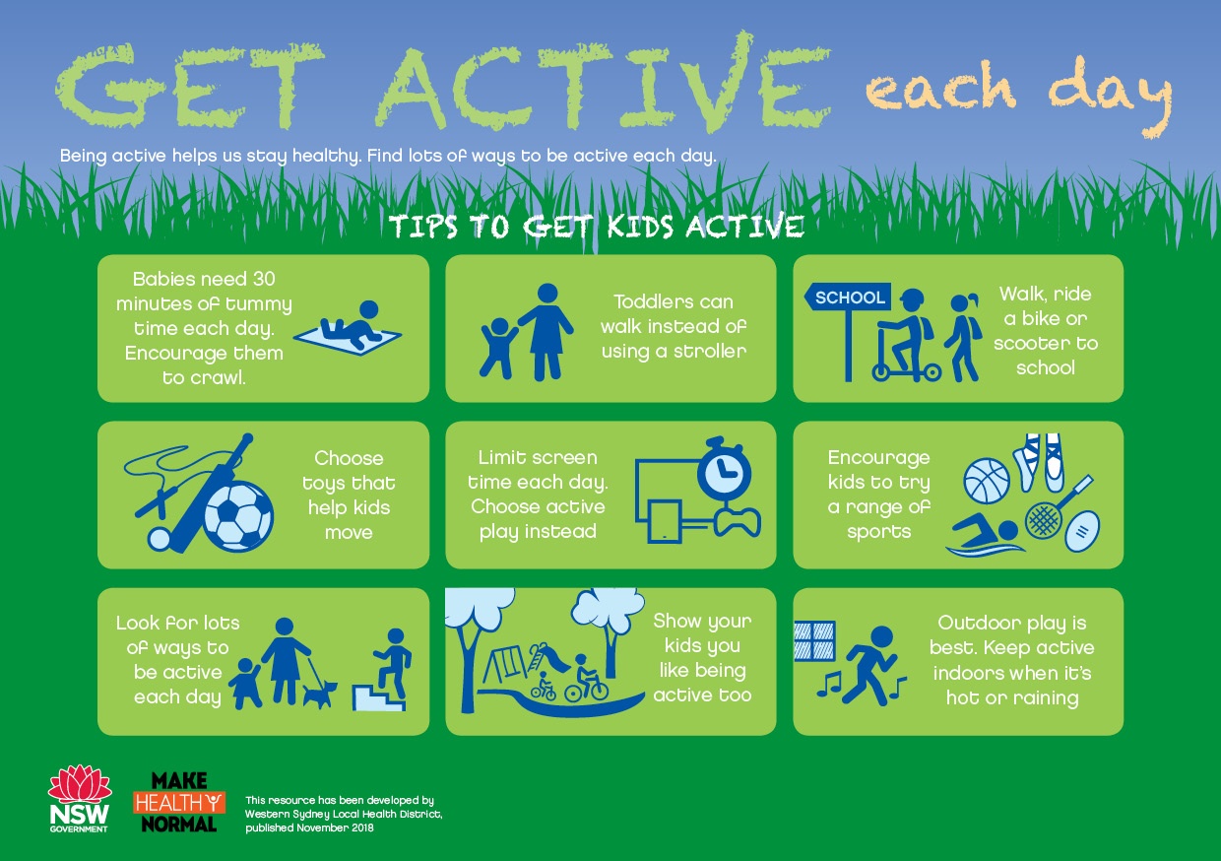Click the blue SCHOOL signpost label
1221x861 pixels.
848,298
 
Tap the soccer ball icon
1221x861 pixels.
238,516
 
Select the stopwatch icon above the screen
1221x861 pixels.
724,470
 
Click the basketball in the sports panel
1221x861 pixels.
987,481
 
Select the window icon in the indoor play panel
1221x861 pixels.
815,641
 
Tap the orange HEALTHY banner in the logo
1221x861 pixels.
179,803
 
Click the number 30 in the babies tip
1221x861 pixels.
264,279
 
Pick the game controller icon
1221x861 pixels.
738,522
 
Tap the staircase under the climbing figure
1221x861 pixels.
379,697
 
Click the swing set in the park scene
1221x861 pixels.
506,664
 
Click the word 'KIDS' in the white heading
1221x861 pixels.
640,227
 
